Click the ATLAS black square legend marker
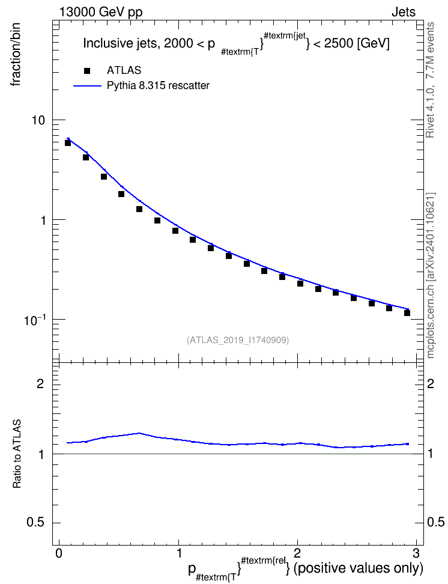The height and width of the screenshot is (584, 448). click(x=87, y=71)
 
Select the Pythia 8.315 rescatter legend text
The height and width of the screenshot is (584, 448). click(x=159, y=86)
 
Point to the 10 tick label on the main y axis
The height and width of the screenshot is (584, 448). click(x=37, y=120)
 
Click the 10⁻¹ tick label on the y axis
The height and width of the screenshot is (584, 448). click(x=34, y=320)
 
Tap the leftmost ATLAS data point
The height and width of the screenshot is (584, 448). click(x=68, y=142)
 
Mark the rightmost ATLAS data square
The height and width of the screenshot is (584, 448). click(x=407, y=313)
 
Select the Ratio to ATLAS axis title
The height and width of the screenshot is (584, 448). click(x=17, y=454)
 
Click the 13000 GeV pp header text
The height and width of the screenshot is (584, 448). click(x=101, y=12)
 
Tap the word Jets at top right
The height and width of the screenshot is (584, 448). click(x=404, y=12)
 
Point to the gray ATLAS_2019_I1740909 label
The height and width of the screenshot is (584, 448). click(x=238, y=340)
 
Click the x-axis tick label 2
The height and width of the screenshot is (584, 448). click(x=297, y=552)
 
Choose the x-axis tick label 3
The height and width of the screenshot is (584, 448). click(x=416, y=552)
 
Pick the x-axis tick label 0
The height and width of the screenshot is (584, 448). click(x=59, y=552)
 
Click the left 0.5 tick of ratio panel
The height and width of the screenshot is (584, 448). click(x=35, y=523)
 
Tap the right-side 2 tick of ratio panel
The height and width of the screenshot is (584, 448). click(x=431, y=383)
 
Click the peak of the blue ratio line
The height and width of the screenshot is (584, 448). click(x=139, y=433)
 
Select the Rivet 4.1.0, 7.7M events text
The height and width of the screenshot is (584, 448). click(x=430, y=80)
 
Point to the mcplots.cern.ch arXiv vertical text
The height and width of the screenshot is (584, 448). click(x=430, y=275)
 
